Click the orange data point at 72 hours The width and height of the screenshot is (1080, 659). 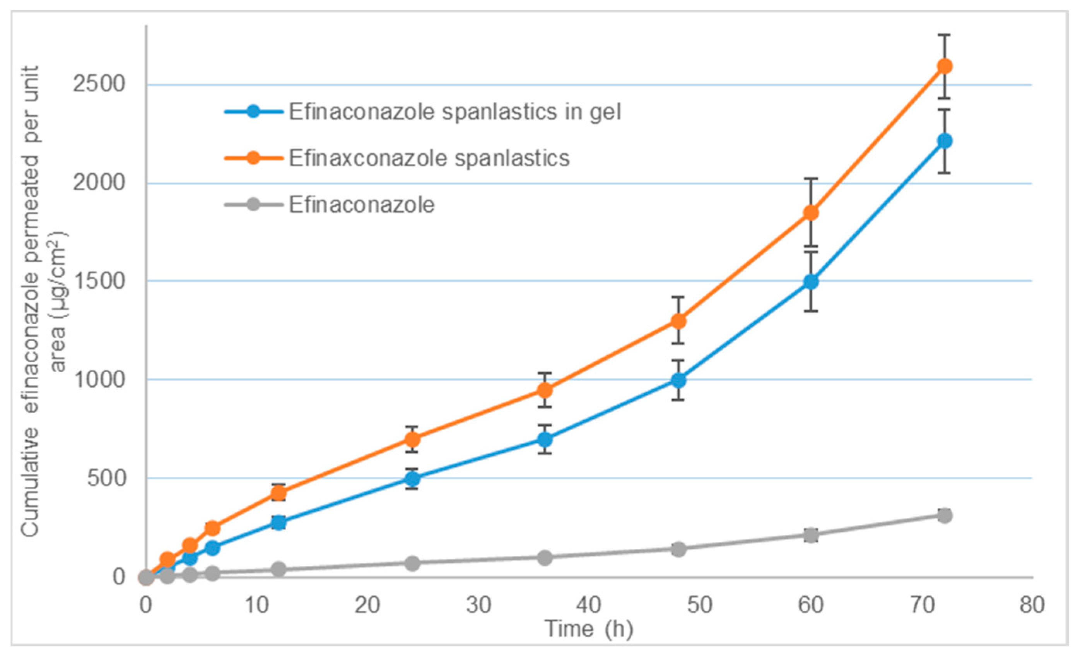coord(944,66)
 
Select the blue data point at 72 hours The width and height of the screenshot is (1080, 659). coord(944,141)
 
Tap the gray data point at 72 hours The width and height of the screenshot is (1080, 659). coord(944,515)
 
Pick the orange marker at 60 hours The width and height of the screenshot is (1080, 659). coord(811,213)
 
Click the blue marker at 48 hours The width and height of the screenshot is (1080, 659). coord(678,380)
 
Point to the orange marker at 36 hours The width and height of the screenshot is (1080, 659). coord(545,390)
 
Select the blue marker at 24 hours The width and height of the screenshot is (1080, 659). coord(412,478)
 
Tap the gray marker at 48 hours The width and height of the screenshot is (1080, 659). coord(678,549)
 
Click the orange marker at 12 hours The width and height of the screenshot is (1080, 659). coord(279,493)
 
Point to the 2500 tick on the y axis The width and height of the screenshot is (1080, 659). coord(99,84)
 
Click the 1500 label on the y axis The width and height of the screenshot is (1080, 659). coord(99,281)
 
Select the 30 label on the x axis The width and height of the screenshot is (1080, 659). coord(478,606)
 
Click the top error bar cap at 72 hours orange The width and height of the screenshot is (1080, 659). coord(944,35)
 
